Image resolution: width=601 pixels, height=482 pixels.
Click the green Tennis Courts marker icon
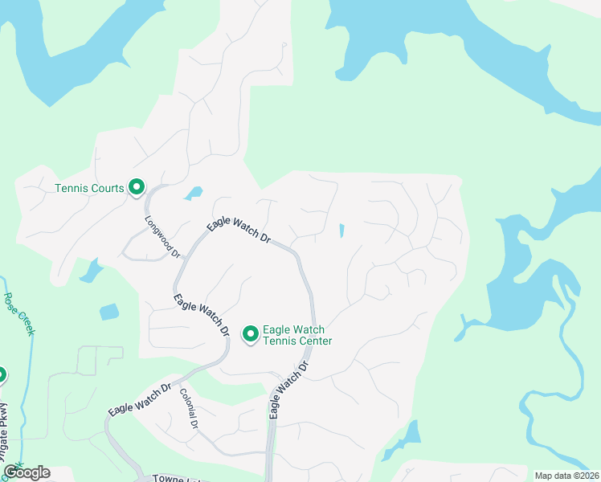pyautogui.click(x=137, y=187)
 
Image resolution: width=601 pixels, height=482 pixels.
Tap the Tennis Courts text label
pyautogui.click(x=89, y=189)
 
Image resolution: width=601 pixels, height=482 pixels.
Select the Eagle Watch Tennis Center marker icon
pyautogui.click(x=250, y=333)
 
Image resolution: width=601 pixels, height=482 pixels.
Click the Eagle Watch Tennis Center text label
pyautogui.click(x=297, y=335)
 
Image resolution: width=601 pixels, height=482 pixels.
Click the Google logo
pyautogui.click(x=27, y=472)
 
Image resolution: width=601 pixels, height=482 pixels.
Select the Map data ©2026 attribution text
pyautogui.click(x=566, y=475)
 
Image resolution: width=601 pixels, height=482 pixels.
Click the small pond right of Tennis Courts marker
pyautogui.click(x=193, y=193)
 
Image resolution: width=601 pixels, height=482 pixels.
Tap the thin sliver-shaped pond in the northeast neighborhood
pyautogui.click(x=341, y=231)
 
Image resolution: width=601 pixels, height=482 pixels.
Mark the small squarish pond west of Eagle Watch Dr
pyautogui.click(x=108, y=312)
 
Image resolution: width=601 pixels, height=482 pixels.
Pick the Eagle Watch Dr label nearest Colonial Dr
pyautogui.click(x=141, y=398)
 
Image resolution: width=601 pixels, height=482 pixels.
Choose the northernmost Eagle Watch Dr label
pyautogui.click(x=239, y=231)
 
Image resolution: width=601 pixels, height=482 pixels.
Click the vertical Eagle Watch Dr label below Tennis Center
pyautogui.click(x=289, y=390)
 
